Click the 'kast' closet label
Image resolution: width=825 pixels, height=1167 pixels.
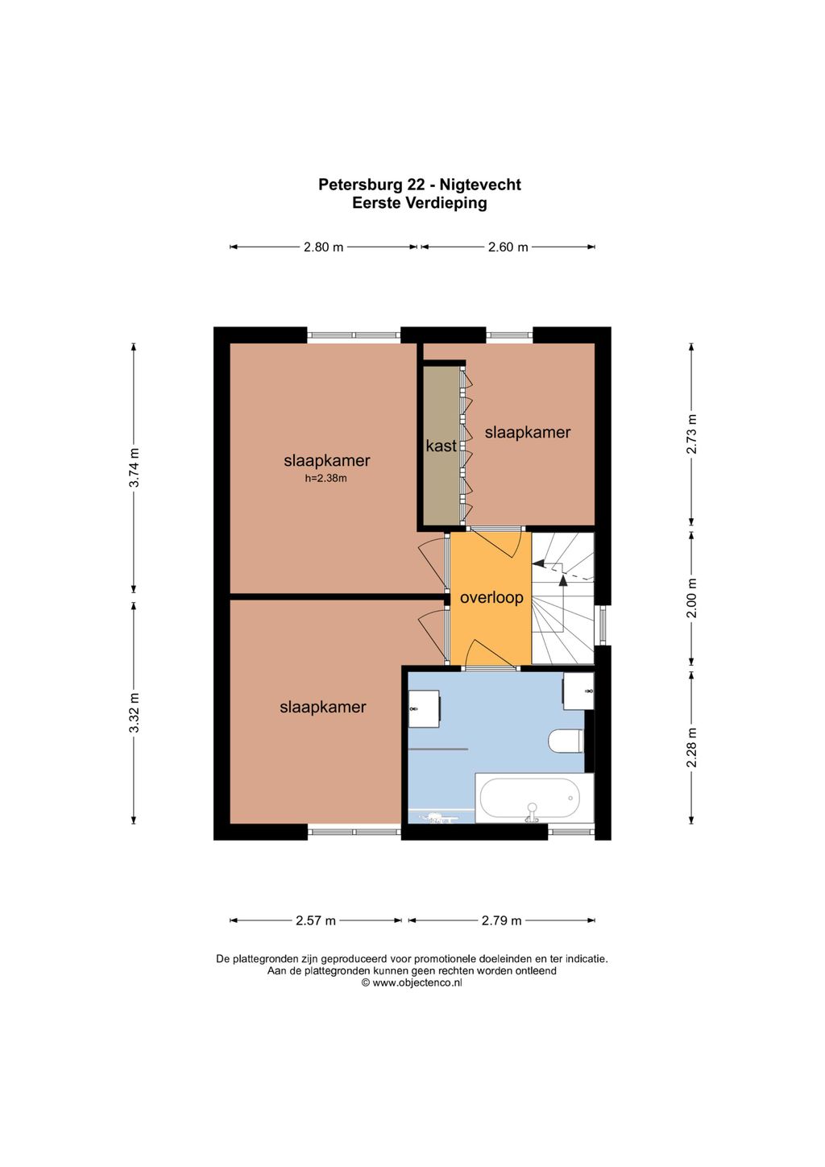coord(442,446)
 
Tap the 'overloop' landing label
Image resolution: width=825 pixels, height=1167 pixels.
coord(491,597)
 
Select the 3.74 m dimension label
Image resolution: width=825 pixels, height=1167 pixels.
coord(135,476)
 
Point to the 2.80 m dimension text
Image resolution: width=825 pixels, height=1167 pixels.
coord(323,247)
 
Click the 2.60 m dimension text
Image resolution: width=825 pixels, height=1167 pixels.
coord(508,247)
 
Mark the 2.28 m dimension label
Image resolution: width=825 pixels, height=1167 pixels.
coord(692,748)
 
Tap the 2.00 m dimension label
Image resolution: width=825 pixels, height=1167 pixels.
coord(692,598)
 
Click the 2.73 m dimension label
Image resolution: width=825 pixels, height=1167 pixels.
coord(692,434)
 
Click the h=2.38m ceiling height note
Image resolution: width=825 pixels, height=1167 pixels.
coord(326,478)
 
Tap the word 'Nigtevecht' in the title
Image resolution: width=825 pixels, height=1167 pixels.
coord(480,185)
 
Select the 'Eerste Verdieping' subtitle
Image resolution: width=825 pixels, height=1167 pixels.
coord(420,202)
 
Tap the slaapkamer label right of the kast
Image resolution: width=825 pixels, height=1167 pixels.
coord(528,433)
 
